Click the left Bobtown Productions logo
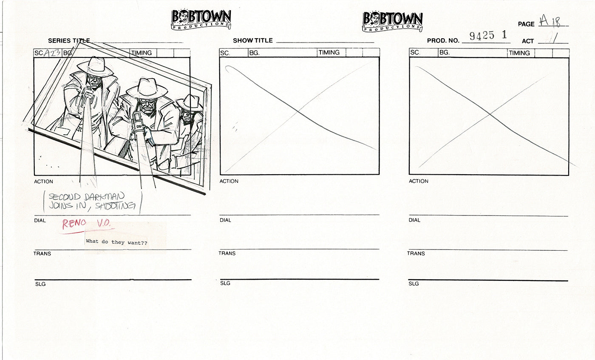[x=201, y=20]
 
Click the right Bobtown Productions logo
[x=392, y=21]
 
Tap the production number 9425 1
[x=488, y=36]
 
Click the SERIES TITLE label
[x=68, y=41]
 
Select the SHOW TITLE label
[x=252, y=41]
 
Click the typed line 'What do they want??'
[x=119, y=241]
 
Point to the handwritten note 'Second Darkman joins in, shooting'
[x=92, y=201]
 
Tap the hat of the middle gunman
[x=147, y=89]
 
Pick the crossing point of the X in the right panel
[x=490, y=114]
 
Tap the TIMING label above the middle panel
[x=329, y=53]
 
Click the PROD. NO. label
[x=443, y=41]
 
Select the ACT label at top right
[x=527, y=41]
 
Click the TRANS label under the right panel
[x=416, y=253]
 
